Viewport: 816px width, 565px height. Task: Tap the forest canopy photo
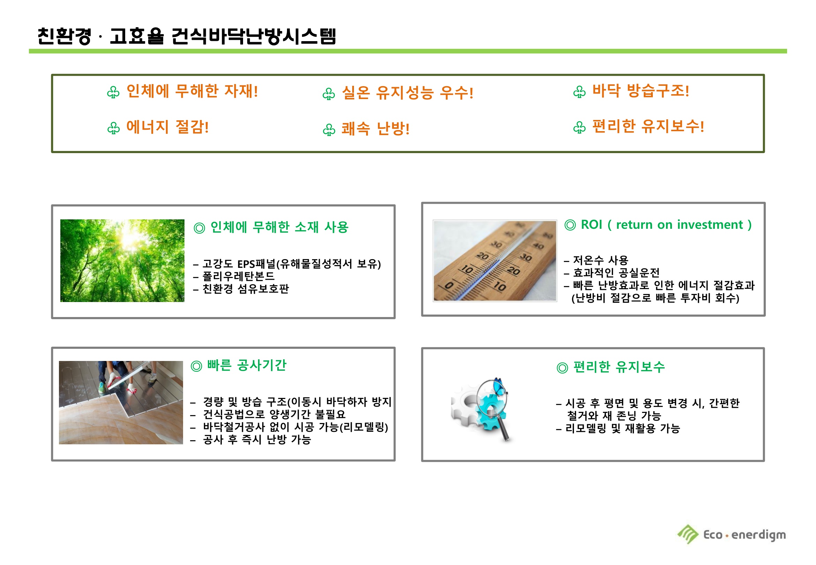click(122, 261)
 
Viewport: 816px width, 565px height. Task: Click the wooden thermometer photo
click(495, 261)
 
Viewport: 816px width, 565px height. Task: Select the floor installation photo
click(121, 402)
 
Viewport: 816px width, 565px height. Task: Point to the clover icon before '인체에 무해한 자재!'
click(113, 92)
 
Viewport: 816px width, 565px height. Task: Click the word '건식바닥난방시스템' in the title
click(254, 36)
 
